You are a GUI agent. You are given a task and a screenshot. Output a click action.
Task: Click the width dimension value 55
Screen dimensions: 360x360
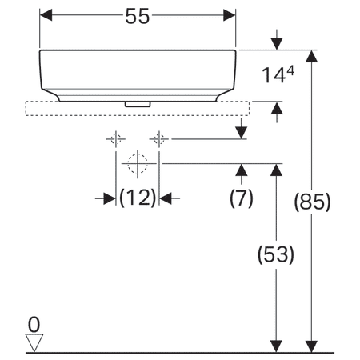click(138, 17)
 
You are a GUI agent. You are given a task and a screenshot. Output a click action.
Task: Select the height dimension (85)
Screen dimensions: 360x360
click(311, 202)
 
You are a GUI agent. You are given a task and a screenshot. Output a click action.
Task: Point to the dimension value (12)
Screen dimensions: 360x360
click(138, 198)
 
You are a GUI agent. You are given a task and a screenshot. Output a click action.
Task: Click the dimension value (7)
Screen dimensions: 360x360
click(242, 198)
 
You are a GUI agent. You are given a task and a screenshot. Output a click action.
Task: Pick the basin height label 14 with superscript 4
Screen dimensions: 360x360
click(279, 76)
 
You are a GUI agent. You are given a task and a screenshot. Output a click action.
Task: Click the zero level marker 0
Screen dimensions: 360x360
click(33, 324)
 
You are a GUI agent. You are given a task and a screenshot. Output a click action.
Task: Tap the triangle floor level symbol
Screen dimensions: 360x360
click(33, 342)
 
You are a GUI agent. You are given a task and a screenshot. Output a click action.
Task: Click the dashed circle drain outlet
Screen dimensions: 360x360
click(138, 164)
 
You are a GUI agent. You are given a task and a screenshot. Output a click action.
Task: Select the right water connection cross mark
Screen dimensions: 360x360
click(160, 139)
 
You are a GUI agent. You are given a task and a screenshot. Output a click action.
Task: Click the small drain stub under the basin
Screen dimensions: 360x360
click(138, 103)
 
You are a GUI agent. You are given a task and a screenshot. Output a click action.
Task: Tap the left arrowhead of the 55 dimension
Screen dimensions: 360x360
click(46, 16)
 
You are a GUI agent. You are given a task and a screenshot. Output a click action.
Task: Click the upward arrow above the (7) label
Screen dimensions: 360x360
click(242, 171)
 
